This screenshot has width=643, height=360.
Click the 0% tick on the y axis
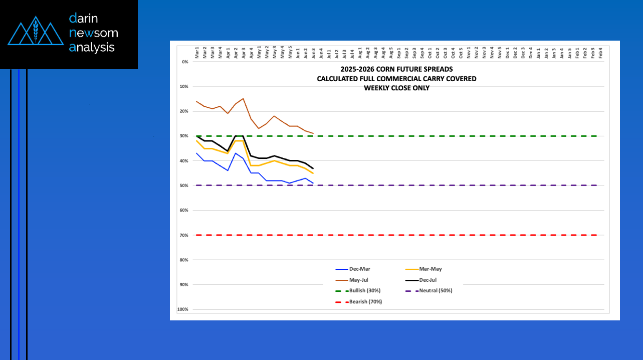(184, 62)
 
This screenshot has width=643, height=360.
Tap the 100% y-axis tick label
(182, 309)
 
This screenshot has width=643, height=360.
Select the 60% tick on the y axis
(183, 211)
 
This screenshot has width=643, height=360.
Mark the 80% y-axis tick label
(183, 260)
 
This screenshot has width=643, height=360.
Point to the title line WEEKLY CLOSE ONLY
(396, 88)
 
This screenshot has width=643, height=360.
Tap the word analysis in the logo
(92, 48)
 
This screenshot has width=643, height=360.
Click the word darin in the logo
(84, 19)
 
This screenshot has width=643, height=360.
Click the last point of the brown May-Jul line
(313, 133)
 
